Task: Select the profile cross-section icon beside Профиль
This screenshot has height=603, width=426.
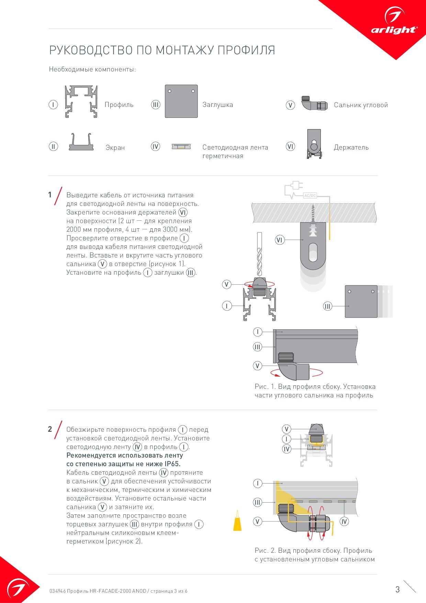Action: [x=81, y=101]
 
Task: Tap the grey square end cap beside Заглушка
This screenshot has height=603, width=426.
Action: [x=181, y=101]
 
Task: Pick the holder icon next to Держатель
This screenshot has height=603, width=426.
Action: [x=314, y=144]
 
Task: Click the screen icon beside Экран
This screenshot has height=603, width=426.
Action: [x=82, y=142]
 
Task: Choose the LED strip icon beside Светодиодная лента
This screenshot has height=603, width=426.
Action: [x=181, y=147]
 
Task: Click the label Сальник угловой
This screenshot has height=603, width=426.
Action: [x=361, y=105]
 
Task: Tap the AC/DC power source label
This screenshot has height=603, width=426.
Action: [x=310, y=196]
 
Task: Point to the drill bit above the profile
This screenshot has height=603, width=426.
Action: [x=259, y=254]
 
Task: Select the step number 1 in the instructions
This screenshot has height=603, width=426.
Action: [x=50, y=195]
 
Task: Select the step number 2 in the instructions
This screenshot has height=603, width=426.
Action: [x=50, y=429]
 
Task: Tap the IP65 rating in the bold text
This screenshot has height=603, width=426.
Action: [x=172, y=464]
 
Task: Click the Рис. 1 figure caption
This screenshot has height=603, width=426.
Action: [x=315, y=391]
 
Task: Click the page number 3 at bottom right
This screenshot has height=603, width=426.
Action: [x=397, y=590]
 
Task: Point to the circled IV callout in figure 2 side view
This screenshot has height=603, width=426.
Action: [x=344, y=522]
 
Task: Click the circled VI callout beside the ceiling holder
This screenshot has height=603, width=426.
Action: [x=280, y=240]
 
